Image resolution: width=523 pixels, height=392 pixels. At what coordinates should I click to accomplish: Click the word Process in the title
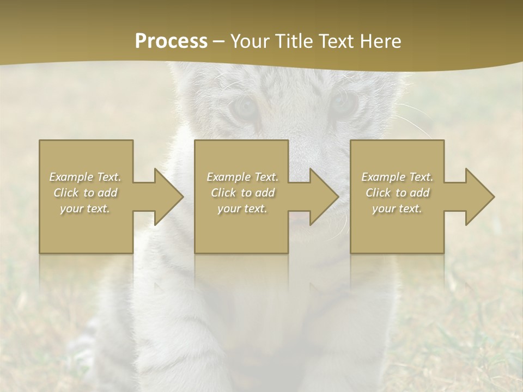(x=171, y=41)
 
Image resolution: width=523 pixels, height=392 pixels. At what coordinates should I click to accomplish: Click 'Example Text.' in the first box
(x=85, y=177)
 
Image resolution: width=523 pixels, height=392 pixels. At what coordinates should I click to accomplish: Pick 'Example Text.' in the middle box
(x=242, y=177)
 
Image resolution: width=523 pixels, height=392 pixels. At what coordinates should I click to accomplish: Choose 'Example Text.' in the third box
(x=397, y=177)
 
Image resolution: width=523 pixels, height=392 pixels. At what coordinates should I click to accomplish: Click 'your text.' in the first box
(x=85, y=209)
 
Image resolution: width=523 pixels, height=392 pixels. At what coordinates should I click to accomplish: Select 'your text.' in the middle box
(x=242, y=209)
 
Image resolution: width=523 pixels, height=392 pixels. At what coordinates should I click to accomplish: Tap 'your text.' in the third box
(x=397, y=209)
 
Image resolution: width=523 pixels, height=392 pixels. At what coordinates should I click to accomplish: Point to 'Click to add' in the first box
(x=85, y=193)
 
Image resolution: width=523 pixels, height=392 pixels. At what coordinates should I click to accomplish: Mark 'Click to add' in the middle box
(x=242, y=193)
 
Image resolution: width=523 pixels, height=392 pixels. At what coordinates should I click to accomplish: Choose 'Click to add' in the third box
(x=397, y=193)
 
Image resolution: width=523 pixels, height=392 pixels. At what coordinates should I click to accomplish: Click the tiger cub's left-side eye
(x=244, y=106)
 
